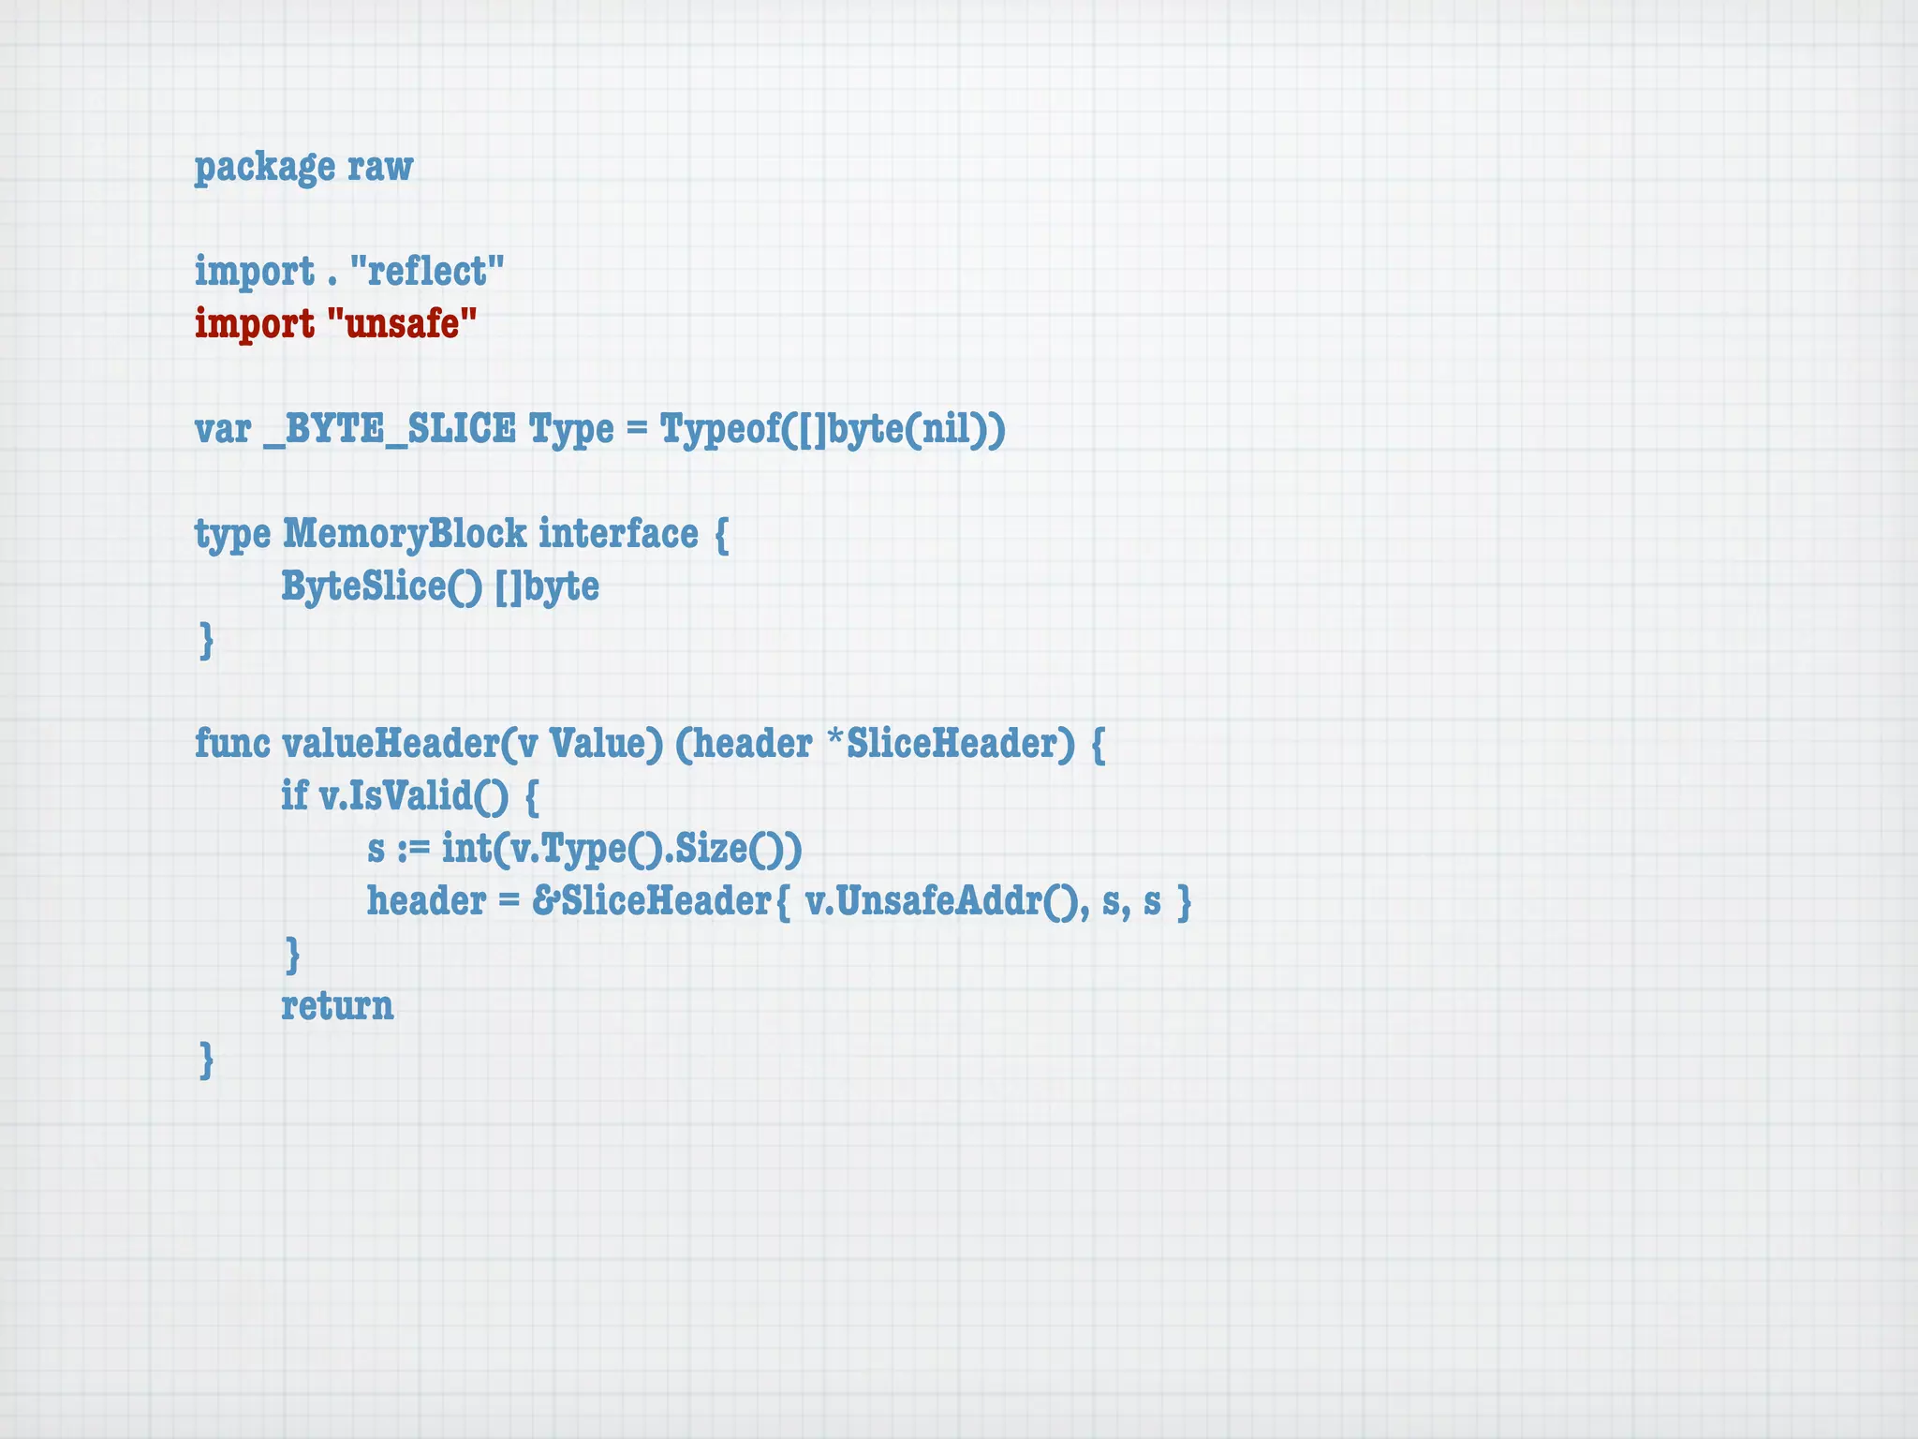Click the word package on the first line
(x=264, y=168)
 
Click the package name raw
(x=380, y=168)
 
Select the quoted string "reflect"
(x=427, y=272)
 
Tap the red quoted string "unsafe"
(x=403, y=324)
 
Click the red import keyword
(x=255, y=324)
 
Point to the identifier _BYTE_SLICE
(x=390, y=429)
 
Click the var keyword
(x=223, y=429)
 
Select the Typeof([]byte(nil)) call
(x=833, y=429)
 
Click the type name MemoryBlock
(x=405, y=534)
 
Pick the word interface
(x=618, y=534)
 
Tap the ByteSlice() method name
(x=382, y=586)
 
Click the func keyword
(x=232, y=744)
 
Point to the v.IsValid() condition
(x=413, y=796)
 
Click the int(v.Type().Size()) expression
(x=622, y=849)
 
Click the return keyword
(x=337, y=1006)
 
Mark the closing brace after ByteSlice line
(x=207, y=641)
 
